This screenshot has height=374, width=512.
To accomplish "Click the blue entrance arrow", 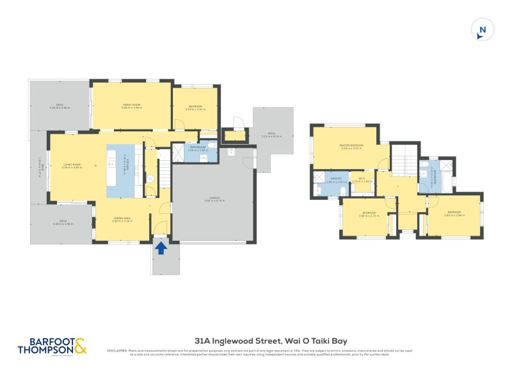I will (x=161, y=247).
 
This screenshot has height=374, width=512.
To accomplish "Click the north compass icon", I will (x=483, y=30).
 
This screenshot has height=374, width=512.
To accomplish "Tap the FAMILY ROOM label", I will (x=132, y=104).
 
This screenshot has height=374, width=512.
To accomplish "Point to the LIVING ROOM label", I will (x=72, y=165).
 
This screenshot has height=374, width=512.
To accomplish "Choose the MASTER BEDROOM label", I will (x=351, y=145).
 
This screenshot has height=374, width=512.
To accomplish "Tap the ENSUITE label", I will (x=337, y=179).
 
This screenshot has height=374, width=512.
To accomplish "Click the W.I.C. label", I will (x=362, y=179).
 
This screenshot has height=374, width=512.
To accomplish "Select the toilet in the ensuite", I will (x=318, y=189).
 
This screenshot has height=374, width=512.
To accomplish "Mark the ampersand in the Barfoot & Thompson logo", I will (x=80, y=346).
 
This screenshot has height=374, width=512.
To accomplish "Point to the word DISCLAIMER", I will (x=117, y=350).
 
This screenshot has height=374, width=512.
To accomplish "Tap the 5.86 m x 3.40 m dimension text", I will (x=132, y=108).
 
